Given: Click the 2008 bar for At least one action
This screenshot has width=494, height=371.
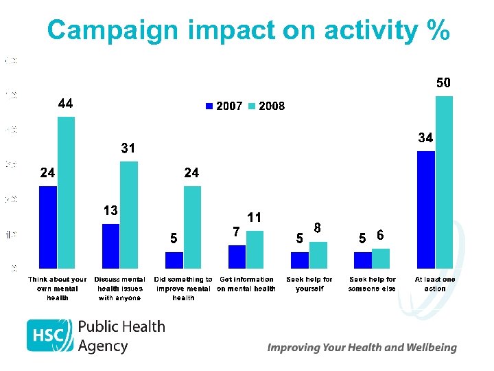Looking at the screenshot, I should [445, 182].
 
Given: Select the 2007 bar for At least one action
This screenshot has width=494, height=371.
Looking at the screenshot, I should [426, 210].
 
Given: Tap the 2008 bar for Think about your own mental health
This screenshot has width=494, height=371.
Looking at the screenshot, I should [67, 192].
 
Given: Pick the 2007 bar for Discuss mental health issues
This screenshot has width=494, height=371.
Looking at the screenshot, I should [110, 246].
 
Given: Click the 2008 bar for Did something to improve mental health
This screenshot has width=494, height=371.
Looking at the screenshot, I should [192, 227].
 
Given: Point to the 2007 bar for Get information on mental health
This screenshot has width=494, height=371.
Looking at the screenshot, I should [237, 256].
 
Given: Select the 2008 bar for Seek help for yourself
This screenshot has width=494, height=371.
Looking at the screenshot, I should [318, 255].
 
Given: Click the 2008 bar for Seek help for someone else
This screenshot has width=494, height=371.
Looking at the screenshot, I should [381, 258].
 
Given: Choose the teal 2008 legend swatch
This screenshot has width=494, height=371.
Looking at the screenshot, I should [251, 106].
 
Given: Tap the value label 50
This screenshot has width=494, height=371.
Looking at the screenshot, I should [444, 83].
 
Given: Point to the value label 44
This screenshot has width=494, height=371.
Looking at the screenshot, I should [66, 104].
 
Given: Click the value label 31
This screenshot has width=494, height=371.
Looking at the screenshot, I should [128, 148].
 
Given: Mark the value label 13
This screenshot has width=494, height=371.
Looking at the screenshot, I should [110, 210].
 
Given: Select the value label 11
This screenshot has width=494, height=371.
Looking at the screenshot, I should [255, 217].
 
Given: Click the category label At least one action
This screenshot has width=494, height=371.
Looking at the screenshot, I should [435, 284].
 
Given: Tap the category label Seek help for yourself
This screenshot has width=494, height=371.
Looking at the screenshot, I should [309, 284].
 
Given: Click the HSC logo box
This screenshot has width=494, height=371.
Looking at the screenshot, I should [49, 336].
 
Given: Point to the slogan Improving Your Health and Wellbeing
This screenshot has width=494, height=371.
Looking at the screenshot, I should [362, 348].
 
